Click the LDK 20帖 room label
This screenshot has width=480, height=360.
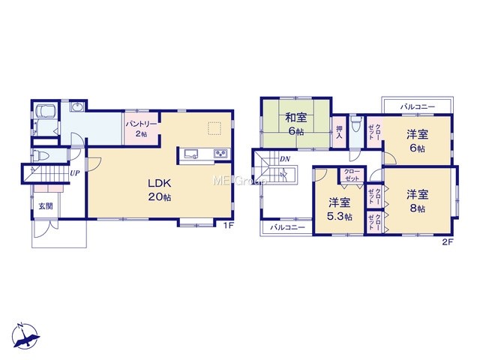[160, 190]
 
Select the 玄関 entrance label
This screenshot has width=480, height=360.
[46, 206]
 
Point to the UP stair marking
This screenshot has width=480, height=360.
[75, 173]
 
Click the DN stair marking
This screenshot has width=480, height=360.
[285, 159]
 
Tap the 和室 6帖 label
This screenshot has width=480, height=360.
[295, 124]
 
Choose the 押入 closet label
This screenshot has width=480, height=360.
[339, 132]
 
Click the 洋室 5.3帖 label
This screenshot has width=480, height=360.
[340, 209]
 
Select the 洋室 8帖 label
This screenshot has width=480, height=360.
[417, 201]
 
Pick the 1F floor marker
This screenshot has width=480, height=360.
[229, 226]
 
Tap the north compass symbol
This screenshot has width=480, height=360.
[25, 336]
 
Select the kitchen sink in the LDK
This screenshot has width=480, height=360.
[192, 153]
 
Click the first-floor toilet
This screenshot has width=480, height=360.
[40, 155]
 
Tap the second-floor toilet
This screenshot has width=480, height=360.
[355, 123]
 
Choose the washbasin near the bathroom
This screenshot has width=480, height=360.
[76, 106]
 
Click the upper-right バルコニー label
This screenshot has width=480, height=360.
[418, 106]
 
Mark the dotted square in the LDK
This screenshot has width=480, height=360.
[214, 128]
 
